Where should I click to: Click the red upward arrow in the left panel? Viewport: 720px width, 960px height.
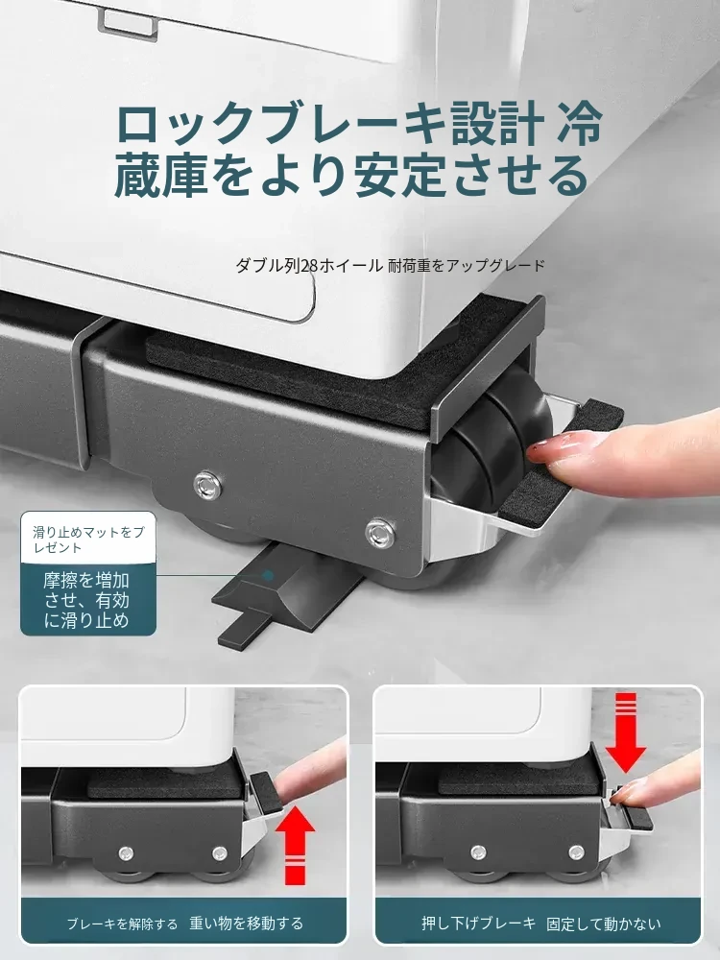(x=295, y=846)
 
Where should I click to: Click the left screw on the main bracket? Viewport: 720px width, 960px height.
(x=207, y=485)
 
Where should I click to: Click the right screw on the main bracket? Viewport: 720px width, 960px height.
(x=379, y=532)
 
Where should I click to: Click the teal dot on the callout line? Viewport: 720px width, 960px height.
(x=268, y=575)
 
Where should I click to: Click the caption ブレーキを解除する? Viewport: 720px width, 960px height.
(x=122, y=924)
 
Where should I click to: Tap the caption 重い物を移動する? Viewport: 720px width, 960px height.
(x=246, y=924)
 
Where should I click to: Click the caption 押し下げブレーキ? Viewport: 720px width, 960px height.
(x=479, y=924)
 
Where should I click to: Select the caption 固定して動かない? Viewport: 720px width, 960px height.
(x=604, y=924)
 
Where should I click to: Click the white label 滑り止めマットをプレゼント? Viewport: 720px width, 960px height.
(x=88, y=538)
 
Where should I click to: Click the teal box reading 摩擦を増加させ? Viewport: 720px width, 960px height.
(x=88, y=600)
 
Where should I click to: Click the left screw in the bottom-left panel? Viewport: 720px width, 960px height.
(x=126, y=852)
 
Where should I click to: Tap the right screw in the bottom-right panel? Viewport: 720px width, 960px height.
(x=576, y=852)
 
